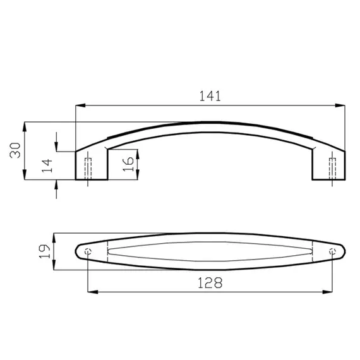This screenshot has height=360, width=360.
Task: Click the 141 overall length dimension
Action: click(x=210, y=96)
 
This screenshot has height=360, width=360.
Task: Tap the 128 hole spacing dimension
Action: click(x=210, y=282)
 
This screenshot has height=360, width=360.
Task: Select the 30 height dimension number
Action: click(x=15, y=150)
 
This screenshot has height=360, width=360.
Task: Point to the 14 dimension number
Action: click(x=47, y=165)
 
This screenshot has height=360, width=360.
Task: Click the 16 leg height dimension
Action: click(x=128, y=164)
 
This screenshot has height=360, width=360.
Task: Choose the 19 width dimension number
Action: click(x=44, y=251)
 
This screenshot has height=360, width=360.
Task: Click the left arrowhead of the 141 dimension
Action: click(x=80, y=105)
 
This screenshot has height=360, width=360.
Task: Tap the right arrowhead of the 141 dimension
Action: click(x=340, y=105)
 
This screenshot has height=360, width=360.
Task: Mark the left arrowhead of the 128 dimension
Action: click(x=93, y=292)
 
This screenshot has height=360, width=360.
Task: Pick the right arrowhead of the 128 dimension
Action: click(x=327, y=292)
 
